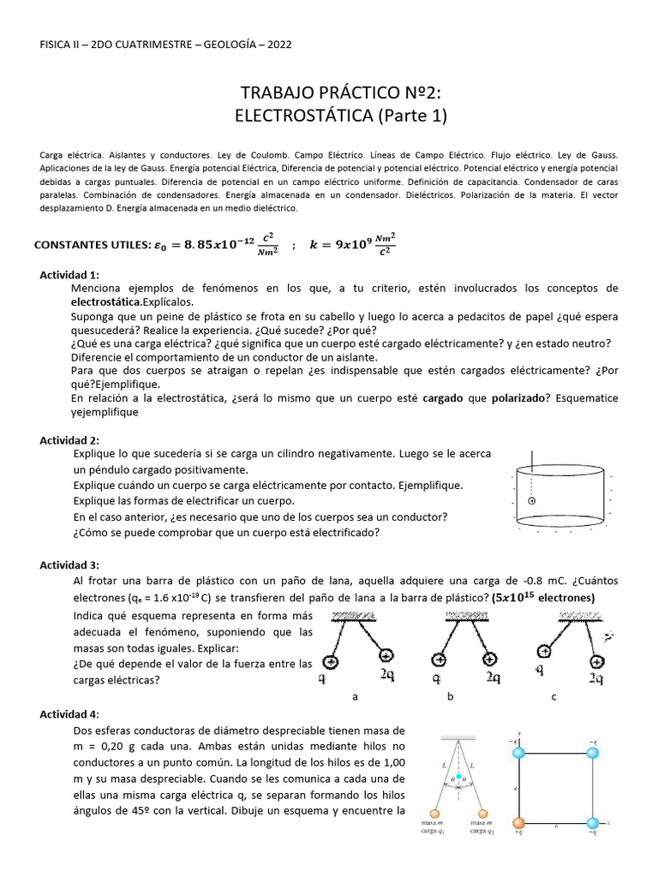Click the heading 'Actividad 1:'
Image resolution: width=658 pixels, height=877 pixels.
[x=69, y=274]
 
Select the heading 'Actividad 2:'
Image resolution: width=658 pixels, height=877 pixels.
[x=69, y=439]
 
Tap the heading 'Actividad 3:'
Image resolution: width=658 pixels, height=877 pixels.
[x=69, y=565]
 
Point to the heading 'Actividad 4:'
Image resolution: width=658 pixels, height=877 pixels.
[x=69, y=714]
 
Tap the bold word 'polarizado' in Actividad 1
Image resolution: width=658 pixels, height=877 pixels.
[x=523, y=398]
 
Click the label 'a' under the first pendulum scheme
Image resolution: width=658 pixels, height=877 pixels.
[x=355, y=697]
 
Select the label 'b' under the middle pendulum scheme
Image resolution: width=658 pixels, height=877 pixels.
[x=450, y=697]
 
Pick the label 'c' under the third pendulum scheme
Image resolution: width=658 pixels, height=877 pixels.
[x=553, y=697]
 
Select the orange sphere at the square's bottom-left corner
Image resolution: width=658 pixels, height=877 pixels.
[x=517, y=823]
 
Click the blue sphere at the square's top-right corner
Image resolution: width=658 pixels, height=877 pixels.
[x=591, y=751]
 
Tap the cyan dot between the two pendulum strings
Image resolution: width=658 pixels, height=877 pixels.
[x=459, y=777]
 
